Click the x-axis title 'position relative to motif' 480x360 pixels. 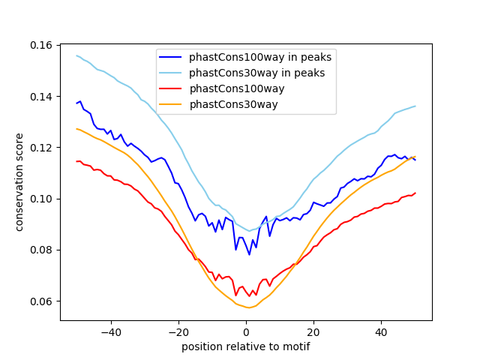point(245,346)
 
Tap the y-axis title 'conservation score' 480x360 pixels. point(19,182)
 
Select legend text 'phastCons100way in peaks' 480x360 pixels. point(260,57)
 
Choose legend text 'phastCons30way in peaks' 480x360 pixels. point(257,73)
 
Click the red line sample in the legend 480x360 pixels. point(171,88)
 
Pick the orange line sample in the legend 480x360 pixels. point(171,104)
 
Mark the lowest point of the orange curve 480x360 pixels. point(249,307)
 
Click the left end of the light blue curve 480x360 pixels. point(76,55)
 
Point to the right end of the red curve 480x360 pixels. point(415,193)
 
